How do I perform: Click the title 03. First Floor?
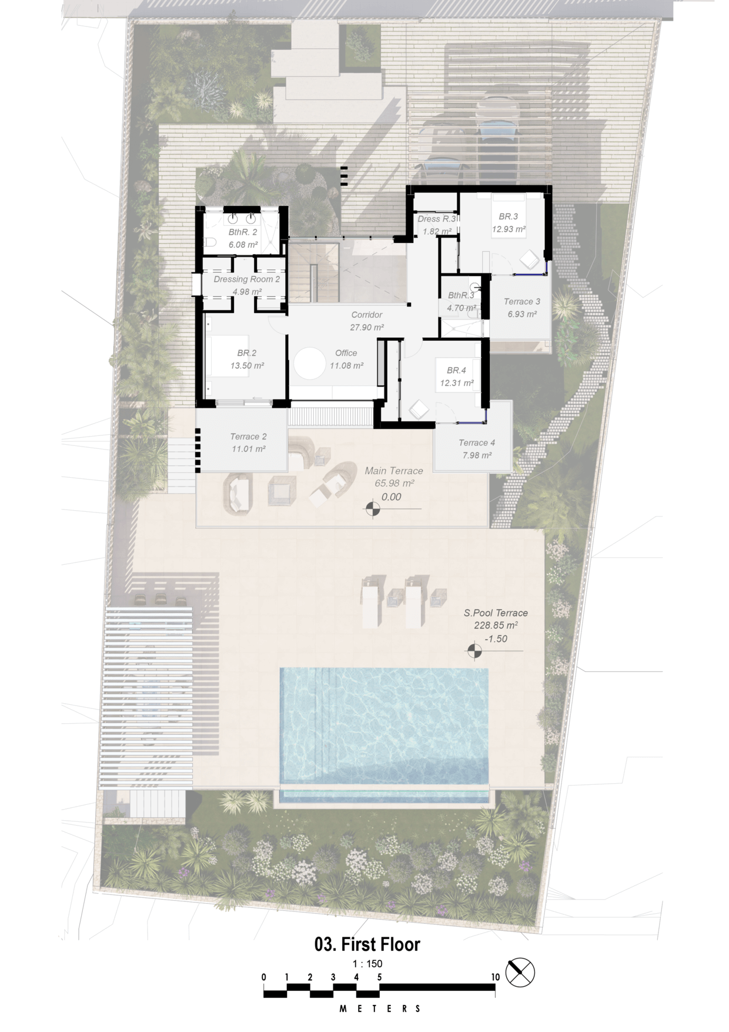(x=367, y=944)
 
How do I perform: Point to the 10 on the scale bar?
(x=496, y=977)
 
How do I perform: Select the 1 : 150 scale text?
(x=367, y=964)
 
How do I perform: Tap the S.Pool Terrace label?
(x=496, y=612)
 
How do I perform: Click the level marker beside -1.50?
(x=474, y=651)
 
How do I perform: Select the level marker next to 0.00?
(x=373, y=508)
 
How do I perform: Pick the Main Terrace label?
(x=394, y=471)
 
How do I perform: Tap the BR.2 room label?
(x=247, y=353)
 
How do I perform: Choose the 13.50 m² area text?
(x=247, y=365)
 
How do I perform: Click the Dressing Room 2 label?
(x=247, y=279)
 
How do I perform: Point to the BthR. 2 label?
(x=243, y=232)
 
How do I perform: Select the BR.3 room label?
(x=509, y=217)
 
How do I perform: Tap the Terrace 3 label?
(x=522, y=301)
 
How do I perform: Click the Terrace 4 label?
(x=477, y=442)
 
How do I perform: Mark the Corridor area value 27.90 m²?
(x=367, y=327)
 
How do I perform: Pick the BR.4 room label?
(x=456, y=370)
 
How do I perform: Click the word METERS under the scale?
(x=380, y=1008)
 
